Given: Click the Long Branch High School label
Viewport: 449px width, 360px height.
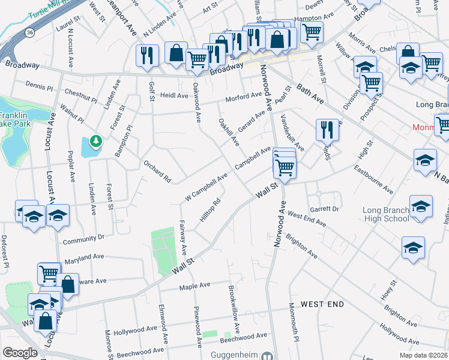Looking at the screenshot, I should (x=385, y=214).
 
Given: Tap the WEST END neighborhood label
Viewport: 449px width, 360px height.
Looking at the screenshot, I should (x=322, y=304).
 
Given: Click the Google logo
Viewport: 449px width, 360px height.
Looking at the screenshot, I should (x=20, y=353).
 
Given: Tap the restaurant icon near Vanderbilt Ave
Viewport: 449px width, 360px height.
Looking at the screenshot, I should (x=325, y=130).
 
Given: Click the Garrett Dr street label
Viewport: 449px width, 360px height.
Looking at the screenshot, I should (x=325, y=209).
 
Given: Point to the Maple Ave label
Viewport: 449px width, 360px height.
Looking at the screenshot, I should (x=194, y=286).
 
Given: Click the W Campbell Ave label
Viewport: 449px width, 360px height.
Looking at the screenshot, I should (x=206, y=187).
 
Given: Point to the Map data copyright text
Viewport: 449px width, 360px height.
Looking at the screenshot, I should (x=424, y=355).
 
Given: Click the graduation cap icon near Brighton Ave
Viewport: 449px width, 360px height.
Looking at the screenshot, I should (x=414, y=248).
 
